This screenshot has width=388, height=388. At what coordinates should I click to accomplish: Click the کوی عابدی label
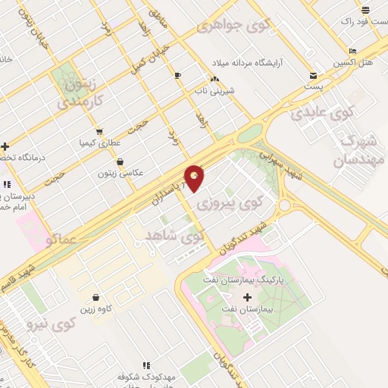322,114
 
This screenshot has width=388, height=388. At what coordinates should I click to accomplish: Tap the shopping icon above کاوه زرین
96,297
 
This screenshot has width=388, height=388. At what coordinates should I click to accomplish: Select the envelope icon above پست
314,76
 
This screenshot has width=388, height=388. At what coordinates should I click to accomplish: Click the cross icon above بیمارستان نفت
246,296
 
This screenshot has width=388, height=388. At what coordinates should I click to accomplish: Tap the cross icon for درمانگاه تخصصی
5,146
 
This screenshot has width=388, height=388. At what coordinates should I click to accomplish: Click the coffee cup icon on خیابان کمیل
177,75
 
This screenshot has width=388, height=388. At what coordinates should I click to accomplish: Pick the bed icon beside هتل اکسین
352,51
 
